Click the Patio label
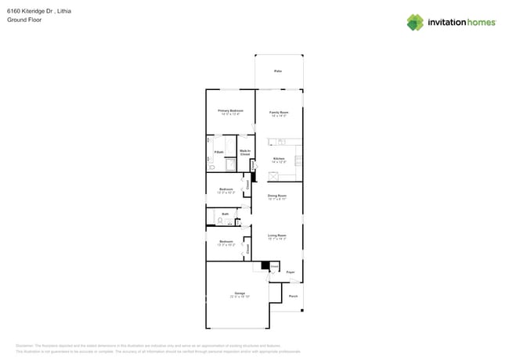pos(278,71)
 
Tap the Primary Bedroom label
pos(229,111)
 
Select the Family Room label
pos(279,112)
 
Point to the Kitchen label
pos(279,159)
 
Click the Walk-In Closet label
pos(245,153)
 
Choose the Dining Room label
pos(277,196)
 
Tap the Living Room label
pos(277,236)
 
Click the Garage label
pos(240,293)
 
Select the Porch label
pos(293,296)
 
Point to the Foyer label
pos(290,272)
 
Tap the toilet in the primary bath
pos(211,167)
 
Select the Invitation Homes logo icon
pos(415,22)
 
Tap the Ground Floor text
pos(24,20)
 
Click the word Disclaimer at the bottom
pos(27,345)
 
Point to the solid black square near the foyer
pos(265,266)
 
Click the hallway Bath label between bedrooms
pos(225,214)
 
